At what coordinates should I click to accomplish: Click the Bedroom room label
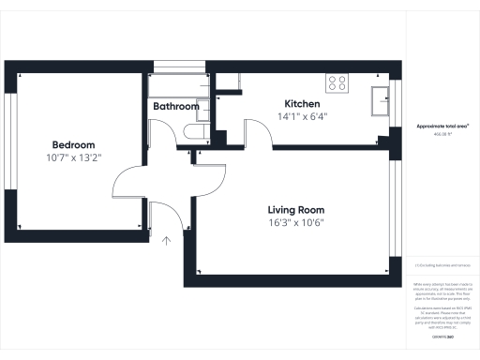pos(73,144)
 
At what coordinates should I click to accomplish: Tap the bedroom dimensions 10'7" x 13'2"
pos(73,157)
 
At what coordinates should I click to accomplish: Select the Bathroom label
pos(175,107)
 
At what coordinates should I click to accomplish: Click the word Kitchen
pos(303,103)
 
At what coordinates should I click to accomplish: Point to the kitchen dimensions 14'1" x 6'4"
pos(303,116)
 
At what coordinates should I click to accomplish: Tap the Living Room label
pos(295,209)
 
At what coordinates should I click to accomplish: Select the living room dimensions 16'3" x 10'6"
pos(295,222)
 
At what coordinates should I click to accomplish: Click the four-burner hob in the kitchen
pos(337,82)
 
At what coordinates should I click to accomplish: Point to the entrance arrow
pos(167,241)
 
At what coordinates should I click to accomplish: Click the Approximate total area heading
pos(442,125)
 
